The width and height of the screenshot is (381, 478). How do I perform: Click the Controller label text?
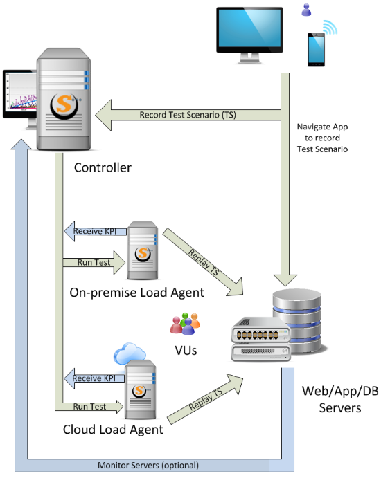pos(103,167)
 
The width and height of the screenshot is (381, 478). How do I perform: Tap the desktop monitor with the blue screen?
pos(249,35)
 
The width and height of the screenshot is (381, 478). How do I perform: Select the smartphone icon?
pos(316,49)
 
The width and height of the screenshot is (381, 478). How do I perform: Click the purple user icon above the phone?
pos(306,10)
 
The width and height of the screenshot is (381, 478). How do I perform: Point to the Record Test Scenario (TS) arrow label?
pos(188,115)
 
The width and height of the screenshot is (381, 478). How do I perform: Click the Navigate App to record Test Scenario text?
pos(322,138)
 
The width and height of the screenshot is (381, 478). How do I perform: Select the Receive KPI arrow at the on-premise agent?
pos(96,231)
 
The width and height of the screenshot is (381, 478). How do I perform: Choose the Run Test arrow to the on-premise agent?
pos(94,262)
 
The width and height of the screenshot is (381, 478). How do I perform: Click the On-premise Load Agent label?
pos(136,293)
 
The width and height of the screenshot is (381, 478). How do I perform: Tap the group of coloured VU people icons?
pos(185,324)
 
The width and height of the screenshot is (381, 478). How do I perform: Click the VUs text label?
pos(186,351)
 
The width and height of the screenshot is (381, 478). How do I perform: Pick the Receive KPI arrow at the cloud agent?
pos(94,378)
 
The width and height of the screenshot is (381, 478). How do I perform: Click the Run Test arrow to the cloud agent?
pos(89,406)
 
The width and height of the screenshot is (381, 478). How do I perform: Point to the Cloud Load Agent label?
pos(113,430)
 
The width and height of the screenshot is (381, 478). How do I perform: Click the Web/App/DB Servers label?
pos(340,399)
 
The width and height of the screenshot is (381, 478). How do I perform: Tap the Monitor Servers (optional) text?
pos(148,465)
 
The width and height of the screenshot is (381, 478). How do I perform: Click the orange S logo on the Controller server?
pos(64,105)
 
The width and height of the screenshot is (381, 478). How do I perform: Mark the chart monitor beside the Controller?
pos(20,95)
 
